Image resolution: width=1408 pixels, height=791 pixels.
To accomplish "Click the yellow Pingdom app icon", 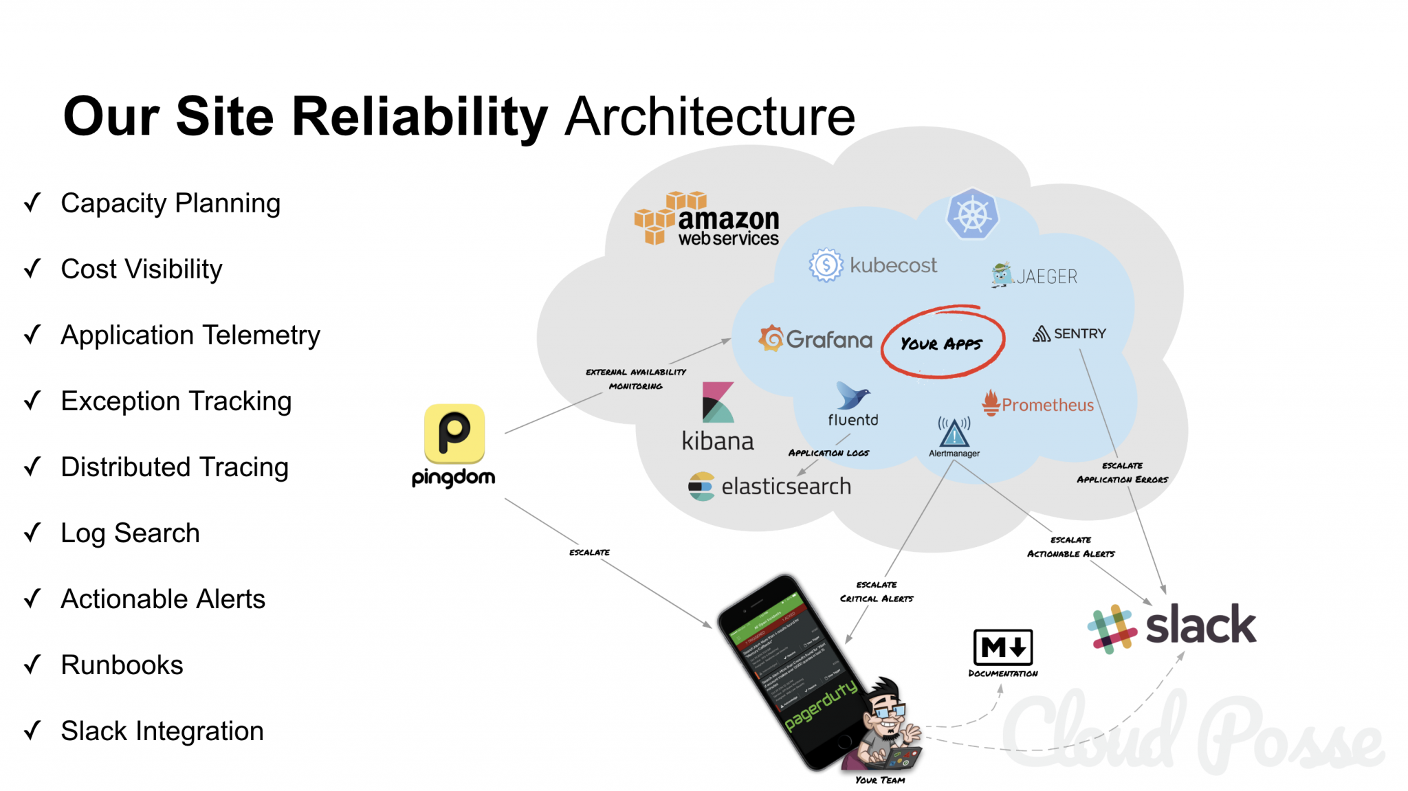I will tap(454, 434).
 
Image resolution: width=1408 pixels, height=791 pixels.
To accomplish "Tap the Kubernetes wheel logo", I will tap(972, 214).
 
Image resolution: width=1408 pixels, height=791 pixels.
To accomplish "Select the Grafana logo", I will tap(815, 339).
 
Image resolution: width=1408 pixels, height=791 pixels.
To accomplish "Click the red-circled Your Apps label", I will tap(942, 343).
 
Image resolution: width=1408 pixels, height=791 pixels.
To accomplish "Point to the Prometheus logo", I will tap(1038, 404).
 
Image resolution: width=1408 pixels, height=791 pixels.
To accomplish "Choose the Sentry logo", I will tap(1069, 334).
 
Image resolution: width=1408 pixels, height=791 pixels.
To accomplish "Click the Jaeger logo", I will tap(1035, 276).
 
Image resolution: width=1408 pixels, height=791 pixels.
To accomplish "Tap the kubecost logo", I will tap(873, 265).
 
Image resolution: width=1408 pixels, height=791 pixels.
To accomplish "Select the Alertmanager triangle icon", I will tap(954, 432).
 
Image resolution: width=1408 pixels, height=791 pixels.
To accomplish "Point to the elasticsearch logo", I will tap(770, 486).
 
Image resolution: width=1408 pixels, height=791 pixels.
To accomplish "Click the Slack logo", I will tap(1172, 626).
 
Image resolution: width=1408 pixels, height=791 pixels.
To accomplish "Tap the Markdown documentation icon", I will tap(1003, 647).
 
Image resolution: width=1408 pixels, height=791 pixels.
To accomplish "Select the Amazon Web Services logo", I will tap(707, 219).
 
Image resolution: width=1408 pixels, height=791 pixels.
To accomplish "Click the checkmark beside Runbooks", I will tap(32, 665).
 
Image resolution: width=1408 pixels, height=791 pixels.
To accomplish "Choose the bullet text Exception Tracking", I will tap(176, 401).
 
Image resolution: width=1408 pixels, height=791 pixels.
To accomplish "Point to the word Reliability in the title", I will tap(420, 117).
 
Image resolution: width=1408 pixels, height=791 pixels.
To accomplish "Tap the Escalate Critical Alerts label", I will tap(877, 592).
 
